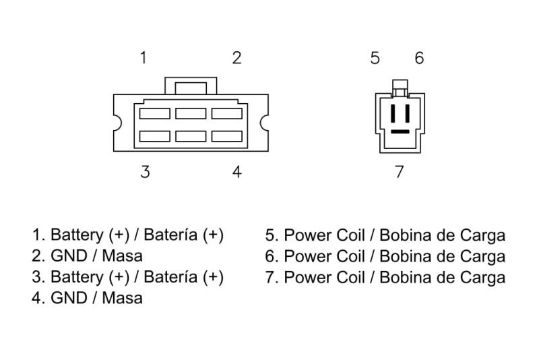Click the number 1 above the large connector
pos(144,58)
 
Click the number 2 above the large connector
pos(236,58)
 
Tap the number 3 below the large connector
pos(145,172)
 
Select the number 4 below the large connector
pos(237,172)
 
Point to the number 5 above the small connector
pos(375,58)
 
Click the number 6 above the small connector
pos(419,58)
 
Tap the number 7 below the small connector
pos(399,172)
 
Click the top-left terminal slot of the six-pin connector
pos(155,113)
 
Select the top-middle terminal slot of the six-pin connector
pos(191,113)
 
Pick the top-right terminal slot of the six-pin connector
pos(227,113)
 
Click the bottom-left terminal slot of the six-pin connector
pos(155,136)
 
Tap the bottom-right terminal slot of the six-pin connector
pos(227,136)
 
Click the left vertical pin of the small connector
pos(393,113)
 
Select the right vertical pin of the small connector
pos(408,113)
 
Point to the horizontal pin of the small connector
pos(400,131)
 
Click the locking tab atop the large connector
pos(191,86)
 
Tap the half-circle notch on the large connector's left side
pos(117,123)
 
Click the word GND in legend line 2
pos(69,256)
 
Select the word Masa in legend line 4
pos(123,298)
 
